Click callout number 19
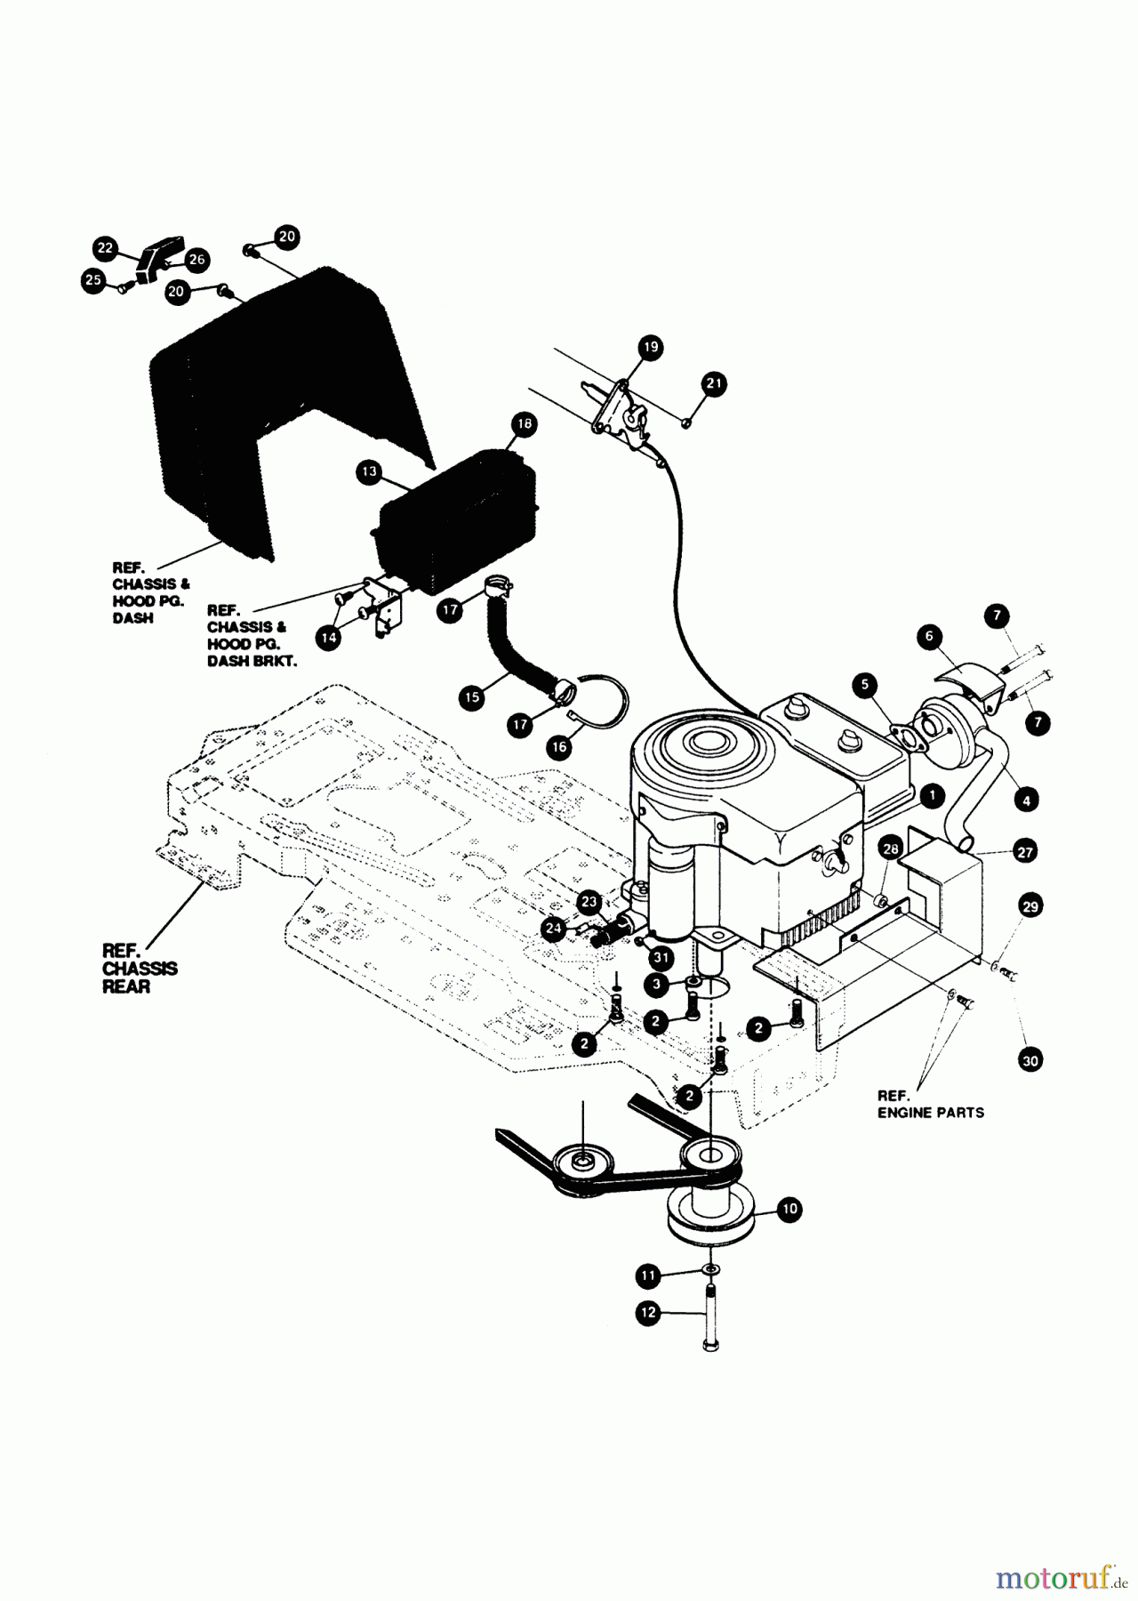[651, 347]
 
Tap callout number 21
[714, 383]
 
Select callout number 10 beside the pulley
[789, 1208]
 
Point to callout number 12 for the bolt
[648, 1312]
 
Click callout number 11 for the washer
[648, 1275]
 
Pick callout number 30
[1030, 1060]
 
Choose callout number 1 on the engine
[931, 795]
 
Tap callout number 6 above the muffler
[929, 636]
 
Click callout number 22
[106, 248]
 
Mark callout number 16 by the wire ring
[559, 747]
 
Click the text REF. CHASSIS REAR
[140, 969]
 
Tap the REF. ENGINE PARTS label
[930, 1104]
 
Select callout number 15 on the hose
[472, 697]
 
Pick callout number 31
[660, 956]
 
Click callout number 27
[1025, 851]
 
